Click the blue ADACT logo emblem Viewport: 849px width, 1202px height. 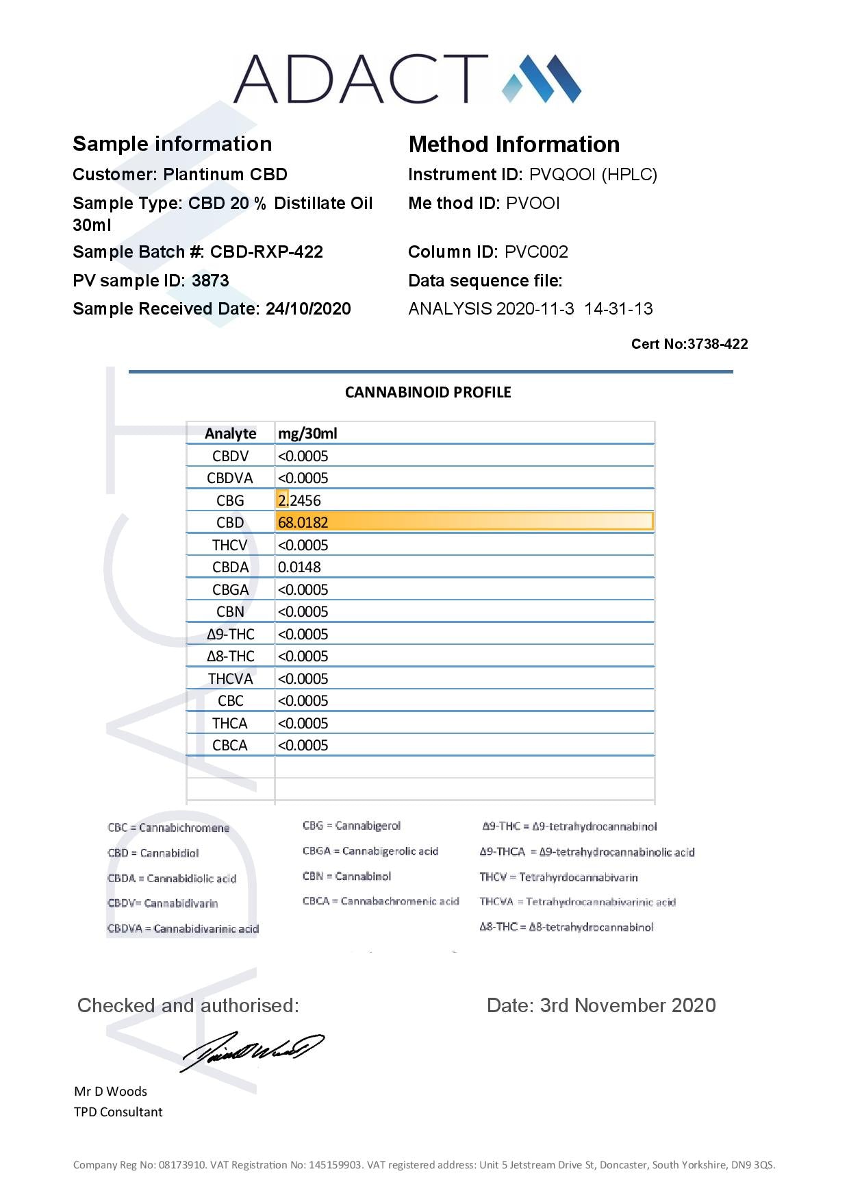(542, 79)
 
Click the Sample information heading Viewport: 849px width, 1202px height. (172, 144)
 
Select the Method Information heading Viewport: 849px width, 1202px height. (514, 145)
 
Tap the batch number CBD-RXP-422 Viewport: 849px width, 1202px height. (266, 252)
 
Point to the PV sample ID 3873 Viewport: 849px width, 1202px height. (210, 281)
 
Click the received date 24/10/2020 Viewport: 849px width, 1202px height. (308, 309)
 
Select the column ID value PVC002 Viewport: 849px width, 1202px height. (536, 252)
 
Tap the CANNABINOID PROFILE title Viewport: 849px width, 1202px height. (428, 393)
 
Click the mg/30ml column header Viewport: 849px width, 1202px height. (307, 434)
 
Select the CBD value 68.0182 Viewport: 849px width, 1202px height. (303, 523)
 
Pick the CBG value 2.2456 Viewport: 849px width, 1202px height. (299, 501)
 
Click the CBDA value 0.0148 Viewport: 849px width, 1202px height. (299, 567)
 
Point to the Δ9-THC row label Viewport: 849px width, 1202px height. (230, 635)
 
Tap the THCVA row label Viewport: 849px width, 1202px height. (230, 679)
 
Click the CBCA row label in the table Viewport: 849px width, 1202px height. (230, 746)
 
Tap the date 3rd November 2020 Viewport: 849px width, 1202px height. (601, 1005)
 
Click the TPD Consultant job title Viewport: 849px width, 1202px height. (118, 1112)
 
